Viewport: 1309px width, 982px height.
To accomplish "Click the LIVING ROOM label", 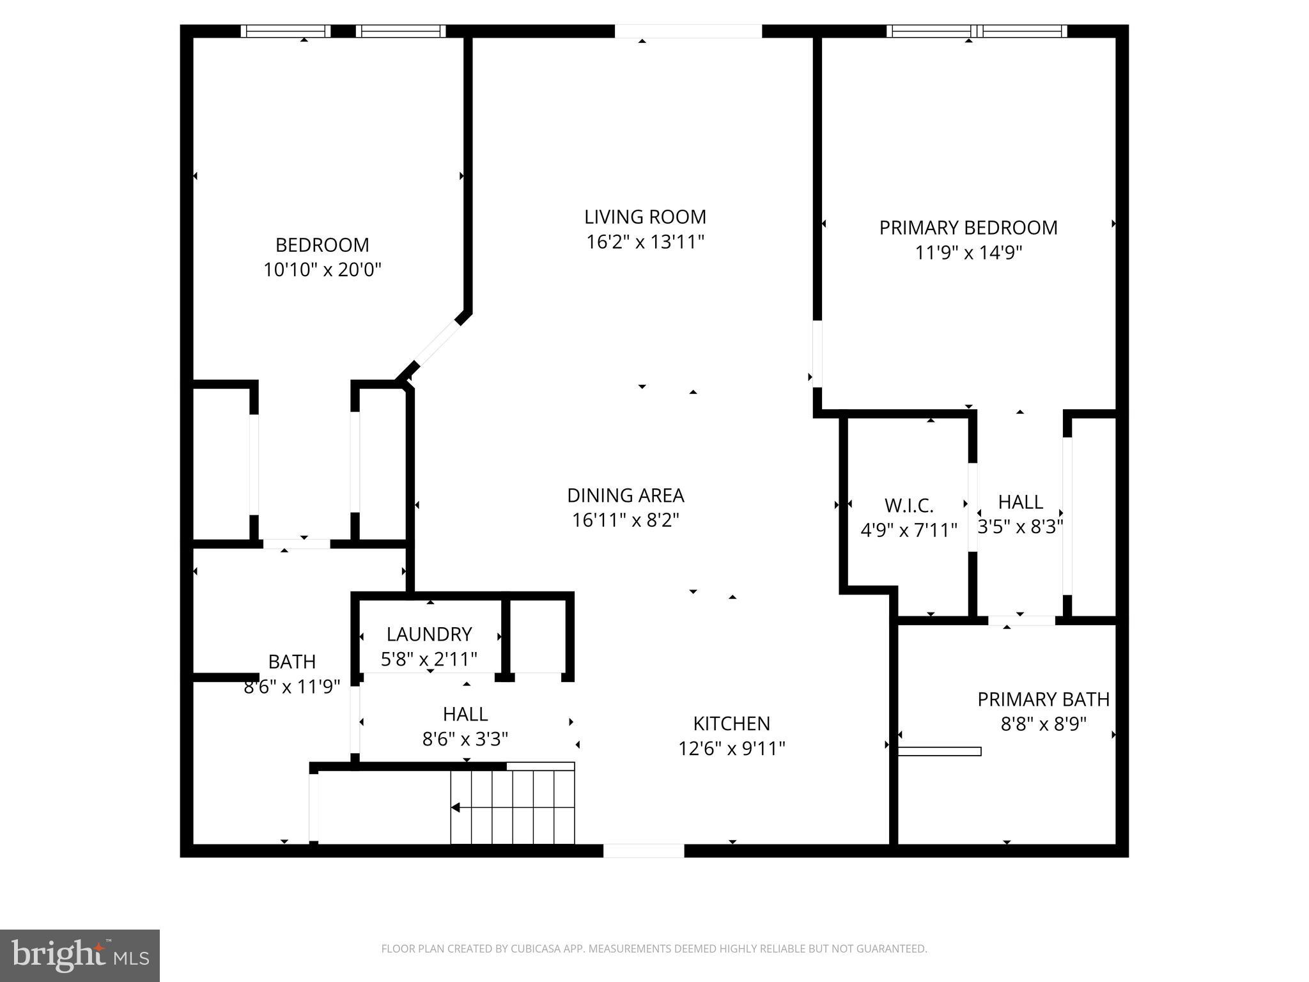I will pyautogui.click(x=645, y=217).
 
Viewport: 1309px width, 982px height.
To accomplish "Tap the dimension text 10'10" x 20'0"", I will pyautogui.click(x=322, y=270).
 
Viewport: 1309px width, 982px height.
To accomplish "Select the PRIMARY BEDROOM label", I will pyautogui.click(x=968, y=228).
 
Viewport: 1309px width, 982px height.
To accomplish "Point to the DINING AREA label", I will pyautogui.click(x=625, y=495).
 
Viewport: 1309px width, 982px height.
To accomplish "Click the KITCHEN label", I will pyautogui.click(x=731, y=723).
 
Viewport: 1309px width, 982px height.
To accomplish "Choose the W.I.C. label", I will pyautogui.click(x=908, y=506).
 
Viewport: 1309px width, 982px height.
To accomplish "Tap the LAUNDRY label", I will pyautogui.click(x=429, y=634).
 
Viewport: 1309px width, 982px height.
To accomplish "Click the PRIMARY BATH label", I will pyautogui.click(x=1043, y=699).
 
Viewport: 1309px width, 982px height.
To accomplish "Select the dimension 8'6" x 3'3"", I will pyautogui.click(x=465, y=739).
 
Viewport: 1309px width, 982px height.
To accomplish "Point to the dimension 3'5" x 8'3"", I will pyautogui.click(x=1020, y=527).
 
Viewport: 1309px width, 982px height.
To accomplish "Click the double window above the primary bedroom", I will pyautogui.click(x=976, y=31).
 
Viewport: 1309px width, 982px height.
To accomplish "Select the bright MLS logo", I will pyautogui.click(x=80, y=956).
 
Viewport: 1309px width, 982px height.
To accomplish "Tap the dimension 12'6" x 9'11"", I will pyautogui.click(x=731, y=748).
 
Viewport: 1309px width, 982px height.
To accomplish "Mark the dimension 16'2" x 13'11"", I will pyautogui.click(x=645, y=242).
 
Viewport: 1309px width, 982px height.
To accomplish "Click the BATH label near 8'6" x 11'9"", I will pyautogui.click(x=291, y=661).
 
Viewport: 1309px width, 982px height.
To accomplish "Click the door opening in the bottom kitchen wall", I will pyautogui.click(x=643, y=850).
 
